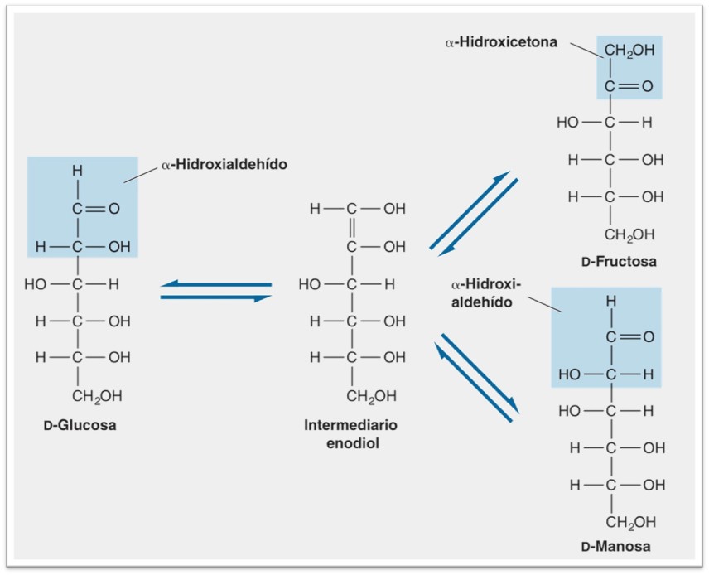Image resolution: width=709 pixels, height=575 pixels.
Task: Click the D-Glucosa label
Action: click(x=80, y=426)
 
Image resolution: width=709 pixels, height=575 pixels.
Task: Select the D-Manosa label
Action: click(x=615, y=546)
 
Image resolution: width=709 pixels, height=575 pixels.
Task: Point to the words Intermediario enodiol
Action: click(x=351, y=433)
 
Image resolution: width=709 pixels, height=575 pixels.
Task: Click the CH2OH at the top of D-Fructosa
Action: click(x=629, y=51)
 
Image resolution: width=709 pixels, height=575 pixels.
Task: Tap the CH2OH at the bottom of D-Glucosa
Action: click(x=97, y=396)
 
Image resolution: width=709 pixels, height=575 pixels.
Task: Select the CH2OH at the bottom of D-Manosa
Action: click(x=630, y=522)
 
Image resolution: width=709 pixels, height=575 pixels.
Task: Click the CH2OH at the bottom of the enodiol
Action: click(x=369, y=396)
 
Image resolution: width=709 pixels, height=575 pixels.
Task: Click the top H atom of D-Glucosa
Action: click(x=77, y=171)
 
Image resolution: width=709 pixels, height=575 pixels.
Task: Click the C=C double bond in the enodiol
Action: click(x=351, y=228)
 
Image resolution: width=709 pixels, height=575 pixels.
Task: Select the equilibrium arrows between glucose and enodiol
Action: click(x=216, y=291)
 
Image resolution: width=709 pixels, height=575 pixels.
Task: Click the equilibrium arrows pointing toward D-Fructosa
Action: click(x=473, y=213)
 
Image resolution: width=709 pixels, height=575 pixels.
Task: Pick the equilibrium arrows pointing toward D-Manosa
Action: click(x=476, y=376)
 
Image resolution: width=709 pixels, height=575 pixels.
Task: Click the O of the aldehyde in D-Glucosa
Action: click(x=114, y=209)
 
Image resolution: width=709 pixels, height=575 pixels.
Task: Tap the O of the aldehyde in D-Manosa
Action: click(x=648, y=337)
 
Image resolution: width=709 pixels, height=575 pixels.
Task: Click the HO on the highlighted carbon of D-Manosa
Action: click(x=570, y=374)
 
